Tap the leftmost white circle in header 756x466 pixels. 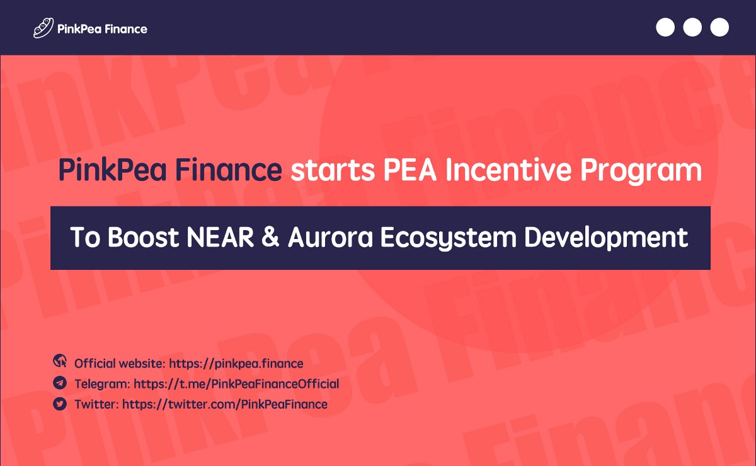665,28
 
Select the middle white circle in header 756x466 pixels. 692,28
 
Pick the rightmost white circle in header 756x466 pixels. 719,28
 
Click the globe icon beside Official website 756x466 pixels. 60,361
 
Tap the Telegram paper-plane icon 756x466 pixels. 60,382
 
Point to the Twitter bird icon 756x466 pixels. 60,403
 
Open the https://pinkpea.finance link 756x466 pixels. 236,364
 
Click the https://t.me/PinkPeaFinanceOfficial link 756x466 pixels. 236,384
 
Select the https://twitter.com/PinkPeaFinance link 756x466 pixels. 225,404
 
